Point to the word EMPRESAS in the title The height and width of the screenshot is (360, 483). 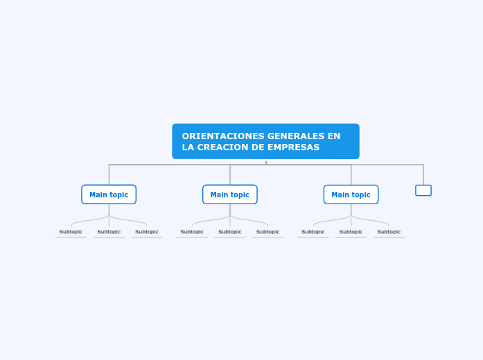pos(294,147)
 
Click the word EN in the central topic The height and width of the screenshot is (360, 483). pos(334,136)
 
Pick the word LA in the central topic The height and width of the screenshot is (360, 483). pos(188,147)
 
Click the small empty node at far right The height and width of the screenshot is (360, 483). pos(423,190)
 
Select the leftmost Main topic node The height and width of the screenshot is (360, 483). pos(109,195)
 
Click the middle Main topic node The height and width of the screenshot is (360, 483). pos(230,195)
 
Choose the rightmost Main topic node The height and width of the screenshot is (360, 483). pos(351,195)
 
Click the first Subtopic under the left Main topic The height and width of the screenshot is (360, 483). pos(71,232)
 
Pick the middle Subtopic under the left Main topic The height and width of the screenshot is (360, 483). pos(109,232)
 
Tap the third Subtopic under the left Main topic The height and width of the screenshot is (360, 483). pos(147,232)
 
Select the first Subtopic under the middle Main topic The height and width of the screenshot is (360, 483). pos(192,232)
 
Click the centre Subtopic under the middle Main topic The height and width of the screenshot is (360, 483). pos(230,232)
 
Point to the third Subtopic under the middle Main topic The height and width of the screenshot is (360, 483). pos(268,232)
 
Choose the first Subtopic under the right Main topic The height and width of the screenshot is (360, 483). pos(313,232)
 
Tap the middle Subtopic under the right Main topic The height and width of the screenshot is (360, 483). pos(351,232)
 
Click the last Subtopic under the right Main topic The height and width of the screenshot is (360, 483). pos(389,232)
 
